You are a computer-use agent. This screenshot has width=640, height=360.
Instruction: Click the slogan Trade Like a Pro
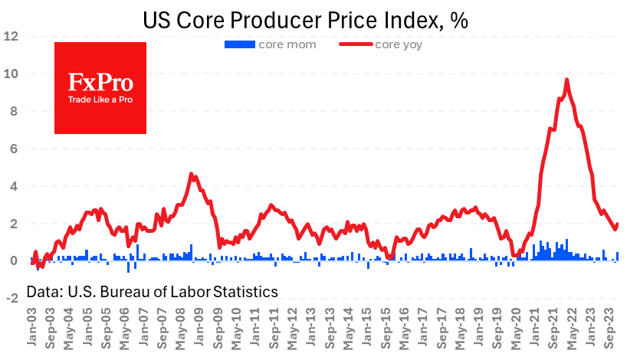100,100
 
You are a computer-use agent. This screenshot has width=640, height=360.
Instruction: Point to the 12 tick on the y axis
11,36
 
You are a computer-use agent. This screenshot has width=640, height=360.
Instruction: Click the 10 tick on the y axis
11,74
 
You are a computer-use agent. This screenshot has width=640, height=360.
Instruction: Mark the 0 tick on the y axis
14,261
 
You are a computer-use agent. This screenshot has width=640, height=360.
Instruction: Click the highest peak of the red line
566,80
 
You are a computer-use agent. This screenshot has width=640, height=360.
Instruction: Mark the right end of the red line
618,224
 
